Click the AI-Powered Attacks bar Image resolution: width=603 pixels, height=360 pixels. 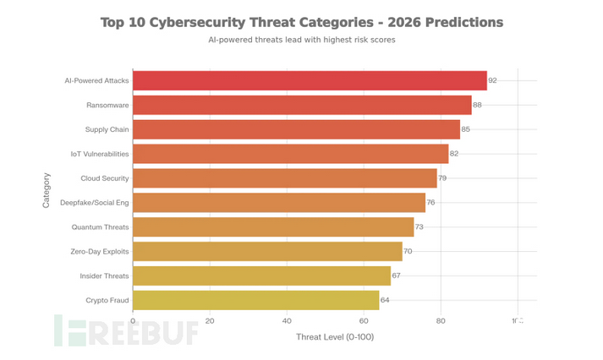point(310,80)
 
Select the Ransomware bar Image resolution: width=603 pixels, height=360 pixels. point(302,105)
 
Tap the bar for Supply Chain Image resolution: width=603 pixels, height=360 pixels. point(296,129)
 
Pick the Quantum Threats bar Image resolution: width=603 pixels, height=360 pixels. point(273,226)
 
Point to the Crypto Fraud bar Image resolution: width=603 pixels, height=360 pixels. point(255,300)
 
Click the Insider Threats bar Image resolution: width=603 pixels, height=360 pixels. point(261,275)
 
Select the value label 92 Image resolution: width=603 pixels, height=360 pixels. point(492,80)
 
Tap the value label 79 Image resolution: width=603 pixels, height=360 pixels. point(442,178)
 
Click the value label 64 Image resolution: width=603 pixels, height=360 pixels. point(384,300)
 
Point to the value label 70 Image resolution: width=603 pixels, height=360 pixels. point(408,251)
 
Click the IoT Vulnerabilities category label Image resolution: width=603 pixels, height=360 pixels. point(100,154)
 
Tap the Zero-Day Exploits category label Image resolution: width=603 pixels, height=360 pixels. point(100,251)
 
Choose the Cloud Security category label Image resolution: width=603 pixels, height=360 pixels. point(105,178)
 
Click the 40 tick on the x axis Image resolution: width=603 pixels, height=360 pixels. point(288,321)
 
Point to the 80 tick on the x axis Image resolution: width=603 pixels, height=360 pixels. point(441,321)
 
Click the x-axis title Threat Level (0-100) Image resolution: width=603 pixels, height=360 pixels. point(335,337)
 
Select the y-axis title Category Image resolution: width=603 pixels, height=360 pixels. point(47,190)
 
